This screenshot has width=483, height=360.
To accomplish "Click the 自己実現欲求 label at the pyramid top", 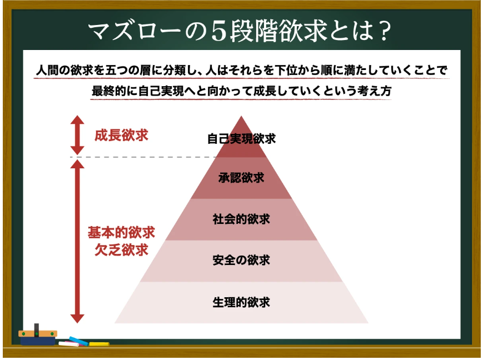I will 241,138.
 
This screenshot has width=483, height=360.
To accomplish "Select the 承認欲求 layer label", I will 241,178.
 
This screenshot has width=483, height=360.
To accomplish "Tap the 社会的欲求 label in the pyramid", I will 241,219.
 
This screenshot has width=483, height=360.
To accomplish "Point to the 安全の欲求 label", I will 241,260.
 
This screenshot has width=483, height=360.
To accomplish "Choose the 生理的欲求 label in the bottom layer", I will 241,302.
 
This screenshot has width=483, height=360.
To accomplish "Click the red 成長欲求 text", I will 121,135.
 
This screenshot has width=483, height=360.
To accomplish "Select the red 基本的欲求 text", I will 121,232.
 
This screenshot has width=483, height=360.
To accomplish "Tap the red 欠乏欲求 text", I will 121,249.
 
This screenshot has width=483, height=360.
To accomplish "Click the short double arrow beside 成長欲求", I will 78,135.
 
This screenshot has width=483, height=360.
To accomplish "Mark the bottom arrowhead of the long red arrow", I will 78,318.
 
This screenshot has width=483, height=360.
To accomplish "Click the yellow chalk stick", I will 99,343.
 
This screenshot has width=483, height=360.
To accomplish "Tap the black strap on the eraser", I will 37,329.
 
